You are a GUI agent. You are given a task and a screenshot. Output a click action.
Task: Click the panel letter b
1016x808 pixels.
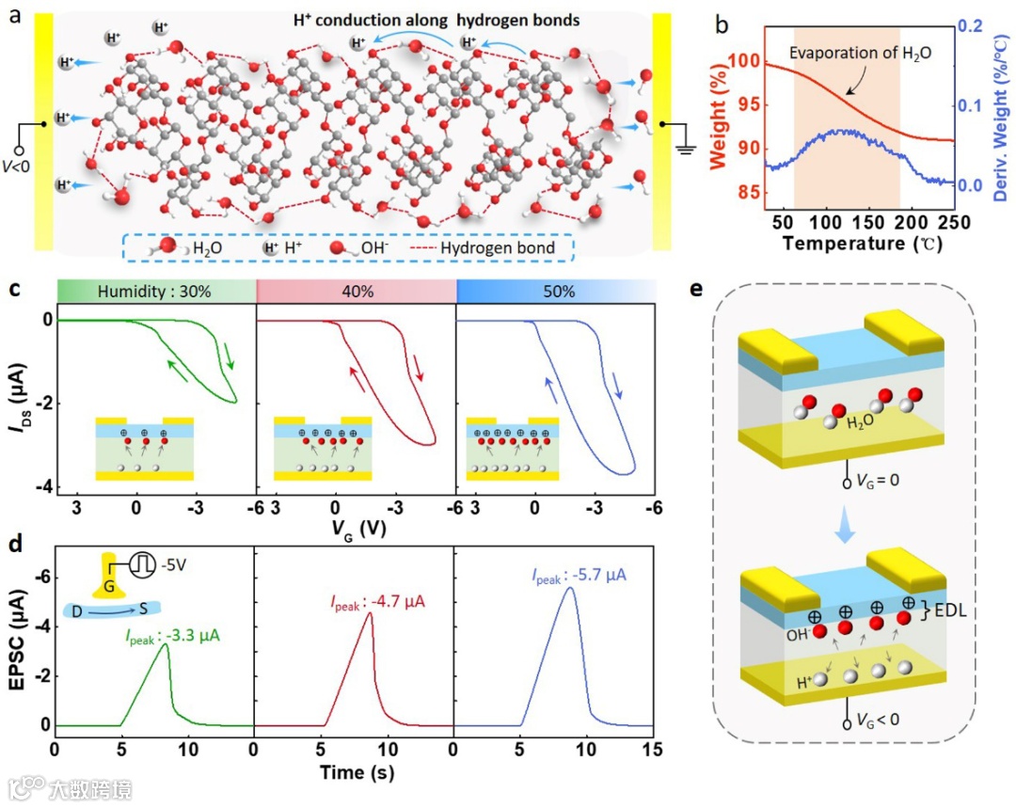[x=722, y=22]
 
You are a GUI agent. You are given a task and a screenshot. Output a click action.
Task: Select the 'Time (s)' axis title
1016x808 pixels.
[x=357, y=770]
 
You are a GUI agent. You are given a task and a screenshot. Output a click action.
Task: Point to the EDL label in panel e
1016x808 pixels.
[x=950, y=612]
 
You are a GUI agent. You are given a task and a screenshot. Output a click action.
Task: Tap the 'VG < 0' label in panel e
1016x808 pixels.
[x=880, y=719]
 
